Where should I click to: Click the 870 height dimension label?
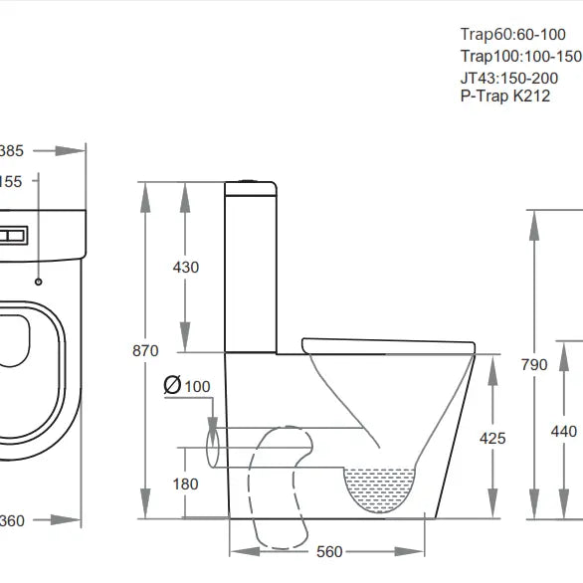coord(145,351)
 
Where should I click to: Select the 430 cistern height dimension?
coord(186,267)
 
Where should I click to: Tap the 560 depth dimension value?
coord(330,552)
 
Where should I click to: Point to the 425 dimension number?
coord(492,438)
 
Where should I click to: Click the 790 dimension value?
coord(534,364)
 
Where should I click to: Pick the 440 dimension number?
coord(563,431)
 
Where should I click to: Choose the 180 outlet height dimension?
coord(186,484)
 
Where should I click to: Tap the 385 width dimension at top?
coord(11,150)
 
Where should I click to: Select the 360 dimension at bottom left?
coord(11,520)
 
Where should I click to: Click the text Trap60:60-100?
coord(512,34)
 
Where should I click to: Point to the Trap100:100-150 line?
coord(520,56)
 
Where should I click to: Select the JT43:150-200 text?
coord(508,78)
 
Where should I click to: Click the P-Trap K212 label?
coord(504,97)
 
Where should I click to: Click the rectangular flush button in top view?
coord(15,236)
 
